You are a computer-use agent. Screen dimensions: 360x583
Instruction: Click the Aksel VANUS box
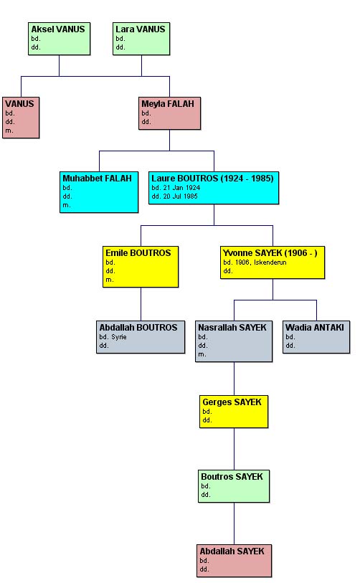tap(59, 39)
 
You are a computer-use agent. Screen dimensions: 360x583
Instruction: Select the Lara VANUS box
tap(141, 39)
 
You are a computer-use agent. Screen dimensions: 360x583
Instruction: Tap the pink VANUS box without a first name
tap(21, 118)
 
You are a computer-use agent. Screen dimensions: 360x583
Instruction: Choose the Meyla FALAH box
tap(169, 113)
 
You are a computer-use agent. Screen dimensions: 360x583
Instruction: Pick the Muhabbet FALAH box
tap(99, 192)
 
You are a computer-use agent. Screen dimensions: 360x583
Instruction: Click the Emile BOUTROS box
tap(141, 267)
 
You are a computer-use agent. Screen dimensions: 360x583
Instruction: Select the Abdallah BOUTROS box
tap(141, 337)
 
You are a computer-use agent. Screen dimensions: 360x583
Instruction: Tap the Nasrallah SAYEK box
tap(234, 341)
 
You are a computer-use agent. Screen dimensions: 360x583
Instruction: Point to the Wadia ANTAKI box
tap(316, 337)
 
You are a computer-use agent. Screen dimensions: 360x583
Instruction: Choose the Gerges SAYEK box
tap(234, 412)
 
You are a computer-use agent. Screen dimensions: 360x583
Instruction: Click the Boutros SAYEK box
tap(234, 486)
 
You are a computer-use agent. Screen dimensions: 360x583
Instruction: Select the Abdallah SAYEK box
tap(234, 561)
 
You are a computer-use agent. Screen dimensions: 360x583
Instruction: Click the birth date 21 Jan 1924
tap(181, 188)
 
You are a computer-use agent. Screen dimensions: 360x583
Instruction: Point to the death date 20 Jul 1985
tap(181, 196)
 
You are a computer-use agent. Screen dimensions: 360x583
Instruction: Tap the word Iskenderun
tap(270, 262)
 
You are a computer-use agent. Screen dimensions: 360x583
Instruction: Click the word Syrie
tap(119, 337)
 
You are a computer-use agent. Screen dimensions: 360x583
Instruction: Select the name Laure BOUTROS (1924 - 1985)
tap(212, 179)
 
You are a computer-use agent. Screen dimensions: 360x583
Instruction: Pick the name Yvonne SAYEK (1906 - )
tap(270, 253)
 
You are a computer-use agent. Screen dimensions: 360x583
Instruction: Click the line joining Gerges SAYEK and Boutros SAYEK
tap(234, 449)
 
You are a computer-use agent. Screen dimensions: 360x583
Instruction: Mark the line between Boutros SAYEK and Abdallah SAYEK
tap(234, 523)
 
